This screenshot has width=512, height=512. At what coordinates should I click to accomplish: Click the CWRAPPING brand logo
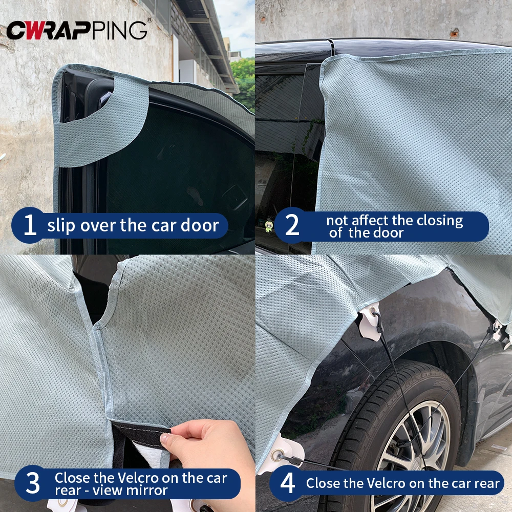click(x=77, y=30)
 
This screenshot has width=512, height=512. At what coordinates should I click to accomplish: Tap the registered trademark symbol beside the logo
click(x=150, y=20)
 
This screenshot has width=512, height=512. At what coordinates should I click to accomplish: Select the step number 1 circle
click(x=30, y=225)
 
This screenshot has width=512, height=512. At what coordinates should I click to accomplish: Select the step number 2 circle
click(x=292, y=226)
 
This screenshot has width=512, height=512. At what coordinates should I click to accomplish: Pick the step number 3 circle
click(x=32, y=484)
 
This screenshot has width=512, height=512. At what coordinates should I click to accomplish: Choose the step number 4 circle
click(x=288, y=483)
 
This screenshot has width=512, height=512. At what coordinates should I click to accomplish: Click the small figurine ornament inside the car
click(x=268, y=226)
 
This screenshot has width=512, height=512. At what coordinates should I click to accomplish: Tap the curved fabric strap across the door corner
click(x=102, y=133)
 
